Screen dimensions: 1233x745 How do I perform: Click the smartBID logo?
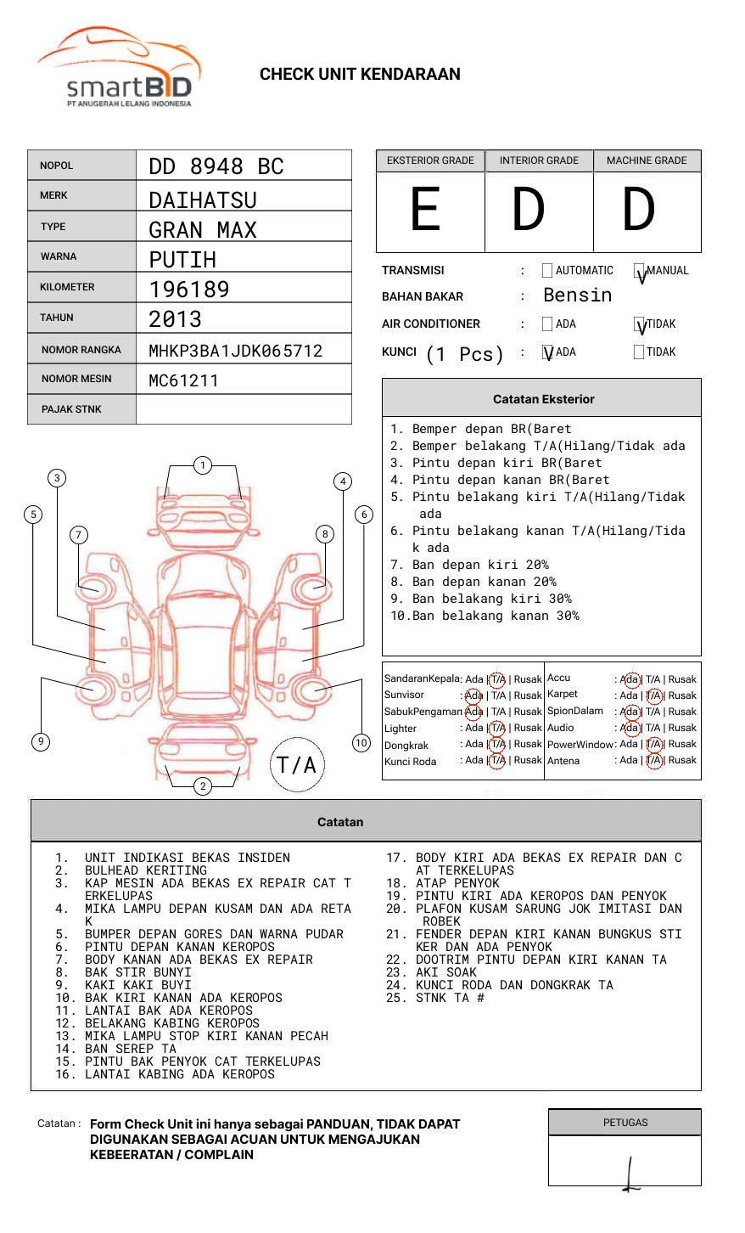[x=119, y=68]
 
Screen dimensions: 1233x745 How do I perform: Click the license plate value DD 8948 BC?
[x=216, y=166]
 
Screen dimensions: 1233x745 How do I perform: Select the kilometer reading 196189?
[x=189, y=290]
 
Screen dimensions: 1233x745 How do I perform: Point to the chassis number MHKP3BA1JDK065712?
[x=236, y=351]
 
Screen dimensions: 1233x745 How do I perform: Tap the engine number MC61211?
[x=183, y=380]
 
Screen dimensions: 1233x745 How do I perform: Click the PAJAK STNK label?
[x=71, y=409]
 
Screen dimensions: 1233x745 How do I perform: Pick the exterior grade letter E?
[x=426, y=210]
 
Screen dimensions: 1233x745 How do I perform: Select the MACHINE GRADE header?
[x=647, y=160]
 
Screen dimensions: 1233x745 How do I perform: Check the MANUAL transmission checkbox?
[x=640, y=272]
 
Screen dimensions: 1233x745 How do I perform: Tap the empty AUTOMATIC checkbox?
[x=547, y=271]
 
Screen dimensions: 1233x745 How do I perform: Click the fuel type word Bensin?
[x=577, y=296]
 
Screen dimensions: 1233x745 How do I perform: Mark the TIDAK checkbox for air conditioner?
[x=640, y=324]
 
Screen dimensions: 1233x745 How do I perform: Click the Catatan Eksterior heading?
[x=543, y=399]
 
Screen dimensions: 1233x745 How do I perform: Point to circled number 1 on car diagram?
[x=202, y=464]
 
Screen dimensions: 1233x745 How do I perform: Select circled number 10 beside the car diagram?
[x=361, y=743]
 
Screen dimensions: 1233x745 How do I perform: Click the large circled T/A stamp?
[x=297, y=764]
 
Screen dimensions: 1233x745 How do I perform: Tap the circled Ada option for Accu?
[x=630, y=679]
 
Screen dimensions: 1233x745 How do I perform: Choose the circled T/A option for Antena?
[x=653, y=761]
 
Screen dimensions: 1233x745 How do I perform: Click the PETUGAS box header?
[x=625, y=1123]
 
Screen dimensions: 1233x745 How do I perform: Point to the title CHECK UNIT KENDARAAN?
[x=360, y=75]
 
